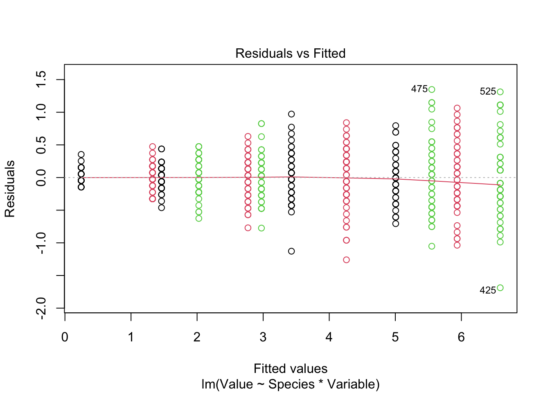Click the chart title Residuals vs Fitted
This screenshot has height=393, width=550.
coord(290,53)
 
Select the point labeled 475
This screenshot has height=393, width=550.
coord(432,90)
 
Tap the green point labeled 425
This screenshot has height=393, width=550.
coord(500,288)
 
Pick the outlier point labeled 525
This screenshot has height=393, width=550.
coord(500,92)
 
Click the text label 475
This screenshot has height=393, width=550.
coord(419,89)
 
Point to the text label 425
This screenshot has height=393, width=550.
coord(487,291)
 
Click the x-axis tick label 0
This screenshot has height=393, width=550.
coord(65,337)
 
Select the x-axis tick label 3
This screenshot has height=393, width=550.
coord(263,337)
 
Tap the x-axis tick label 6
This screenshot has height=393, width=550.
coord(461,337)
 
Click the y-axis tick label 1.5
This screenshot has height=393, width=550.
coord(41,79)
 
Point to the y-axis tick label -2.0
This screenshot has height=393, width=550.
coord(41,308)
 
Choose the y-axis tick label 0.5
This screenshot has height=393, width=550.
coord(41,145)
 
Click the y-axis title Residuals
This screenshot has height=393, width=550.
coord(10,189)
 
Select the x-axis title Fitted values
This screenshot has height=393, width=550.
coord(290,369)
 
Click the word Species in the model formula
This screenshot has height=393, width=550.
coord(291,384)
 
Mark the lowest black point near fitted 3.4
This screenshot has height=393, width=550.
coord(291,251)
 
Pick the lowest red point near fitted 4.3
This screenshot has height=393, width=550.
coord(346,260)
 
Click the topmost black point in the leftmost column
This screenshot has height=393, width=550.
coord(81,155)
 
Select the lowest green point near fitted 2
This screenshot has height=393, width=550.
coord(199,218)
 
